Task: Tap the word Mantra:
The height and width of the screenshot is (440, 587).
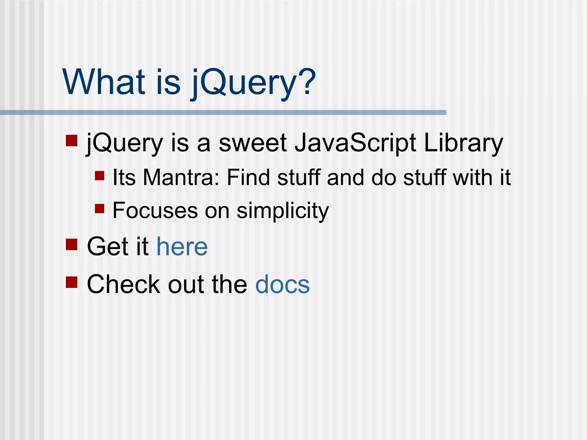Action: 181,178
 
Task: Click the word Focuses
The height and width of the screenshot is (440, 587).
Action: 155,211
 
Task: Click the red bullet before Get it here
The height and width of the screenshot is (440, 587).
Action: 72,244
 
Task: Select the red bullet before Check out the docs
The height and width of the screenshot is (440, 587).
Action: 72,282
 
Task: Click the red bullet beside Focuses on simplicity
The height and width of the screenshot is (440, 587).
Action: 99,208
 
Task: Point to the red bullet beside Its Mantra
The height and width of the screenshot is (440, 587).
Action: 99,175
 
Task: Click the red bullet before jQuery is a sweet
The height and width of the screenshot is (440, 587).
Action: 72,141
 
